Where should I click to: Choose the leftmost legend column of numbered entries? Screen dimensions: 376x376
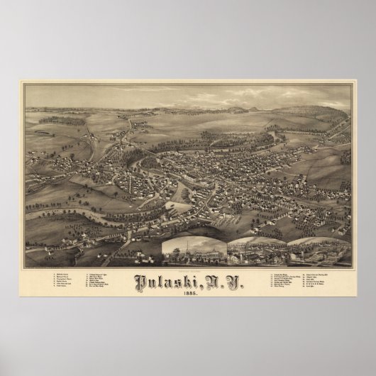pos(42,282)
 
